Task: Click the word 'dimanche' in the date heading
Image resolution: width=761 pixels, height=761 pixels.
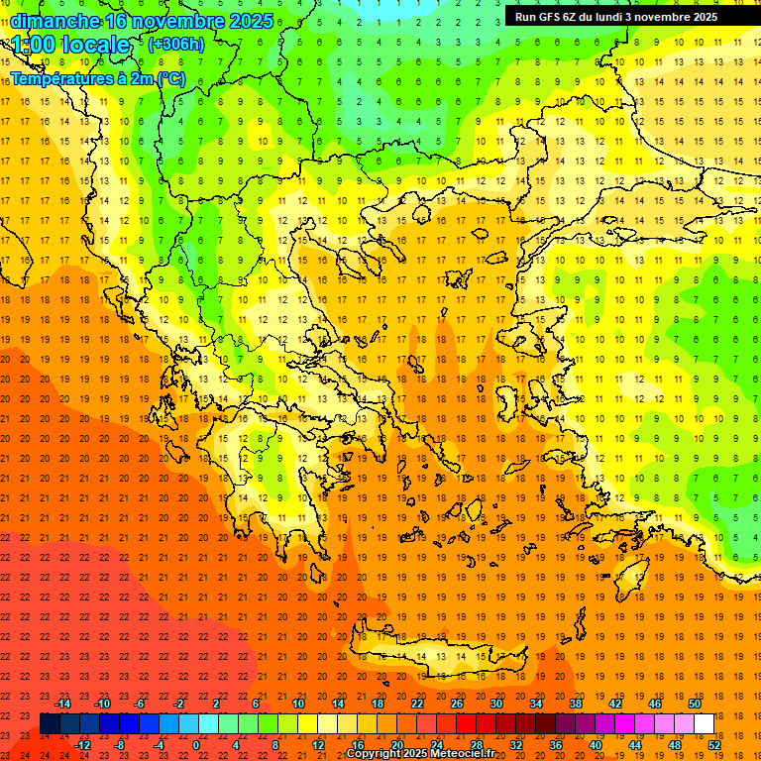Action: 54,21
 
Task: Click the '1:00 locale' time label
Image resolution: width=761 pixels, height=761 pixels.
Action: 71,46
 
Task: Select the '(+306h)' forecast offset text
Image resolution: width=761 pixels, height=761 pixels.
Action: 176,45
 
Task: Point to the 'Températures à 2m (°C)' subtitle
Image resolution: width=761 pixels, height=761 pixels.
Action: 97,78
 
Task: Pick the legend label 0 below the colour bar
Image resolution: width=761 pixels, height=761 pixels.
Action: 196,745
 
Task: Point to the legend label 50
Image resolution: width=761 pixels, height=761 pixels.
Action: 695,704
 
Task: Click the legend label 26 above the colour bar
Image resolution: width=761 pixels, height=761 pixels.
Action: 457,704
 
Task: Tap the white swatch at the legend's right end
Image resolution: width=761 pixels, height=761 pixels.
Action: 705,723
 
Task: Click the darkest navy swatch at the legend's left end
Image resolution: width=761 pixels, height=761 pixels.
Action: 50,723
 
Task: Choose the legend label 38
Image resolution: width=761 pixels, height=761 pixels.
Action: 576,704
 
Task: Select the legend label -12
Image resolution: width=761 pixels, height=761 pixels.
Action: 83,745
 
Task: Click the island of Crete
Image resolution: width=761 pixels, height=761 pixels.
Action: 436,659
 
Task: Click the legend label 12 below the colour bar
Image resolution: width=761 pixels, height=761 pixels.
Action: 318,745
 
